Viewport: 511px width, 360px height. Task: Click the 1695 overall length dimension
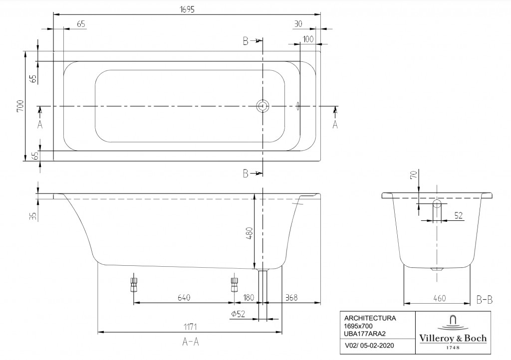pos(187,9)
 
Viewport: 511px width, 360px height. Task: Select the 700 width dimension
pos(20,106)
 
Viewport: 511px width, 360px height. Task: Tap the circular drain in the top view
pos(262,106)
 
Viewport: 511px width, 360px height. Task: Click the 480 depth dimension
pos(250,233)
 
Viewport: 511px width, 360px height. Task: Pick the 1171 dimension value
pos(190,327)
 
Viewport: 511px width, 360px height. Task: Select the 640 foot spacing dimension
pos(184,298)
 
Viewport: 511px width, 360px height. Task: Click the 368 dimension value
pos(291,298)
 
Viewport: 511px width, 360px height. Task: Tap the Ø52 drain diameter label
pos(238,314)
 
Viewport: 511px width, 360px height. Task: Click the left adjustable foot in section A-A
pos(134,285)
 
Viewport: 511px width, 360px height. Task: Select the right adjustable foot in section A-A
pos(235,285)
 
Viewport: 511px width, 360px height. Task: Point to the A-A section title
pos(190,342)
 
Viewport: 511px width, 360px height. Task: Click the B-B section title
pos(484,300)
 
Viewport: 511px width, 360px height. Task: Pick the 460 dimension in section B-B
pos(439,298)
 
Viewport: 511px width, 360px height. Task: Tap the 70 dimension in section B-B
pos(414,175)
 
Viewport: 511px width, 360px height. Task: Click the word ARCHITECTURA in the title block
pos(370,318)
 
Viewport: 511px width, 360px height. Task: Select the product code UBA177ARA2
pos(365,334)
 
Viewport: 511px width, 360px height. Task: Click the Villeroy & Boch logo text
pos(453,338)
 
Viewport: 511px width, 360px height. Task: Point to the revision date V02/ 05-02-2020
pos(369,346)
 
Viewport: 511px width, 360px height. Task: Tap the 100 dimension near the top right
pos(308,39)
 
